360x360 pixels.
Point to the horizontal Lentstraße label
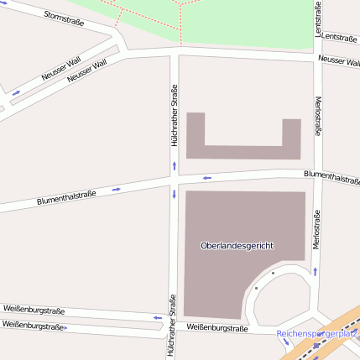tap(339, 38)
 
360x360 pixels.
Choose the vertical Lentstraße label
tap(318, 18)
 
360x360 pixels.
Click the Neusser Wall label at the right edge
tap(339, 60)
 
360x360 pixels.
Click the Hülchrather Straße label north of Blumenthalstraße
tap(174, 117)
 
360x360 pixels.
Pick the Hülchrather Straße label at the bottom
tap(171, 326)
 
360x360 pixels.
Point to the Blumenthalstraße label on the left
tap(66, 198)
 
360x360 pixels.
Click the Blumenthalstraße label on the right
tap(331, 177)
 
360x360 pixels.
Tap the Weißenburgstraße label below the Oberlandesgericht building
tap(217, 328)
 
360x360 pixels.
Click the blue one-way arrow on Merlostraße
tap(316, 271)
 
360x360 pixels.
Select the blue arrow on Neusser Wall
tap(16, 92)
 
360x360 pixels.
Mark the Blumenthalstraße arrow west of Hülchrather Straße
tap(117, 189)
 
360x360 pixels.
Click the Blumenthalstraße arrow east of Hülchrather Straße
tap(206, 178)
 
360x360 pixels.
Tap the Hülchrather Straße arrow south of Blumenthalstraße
tap(173, 195)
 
